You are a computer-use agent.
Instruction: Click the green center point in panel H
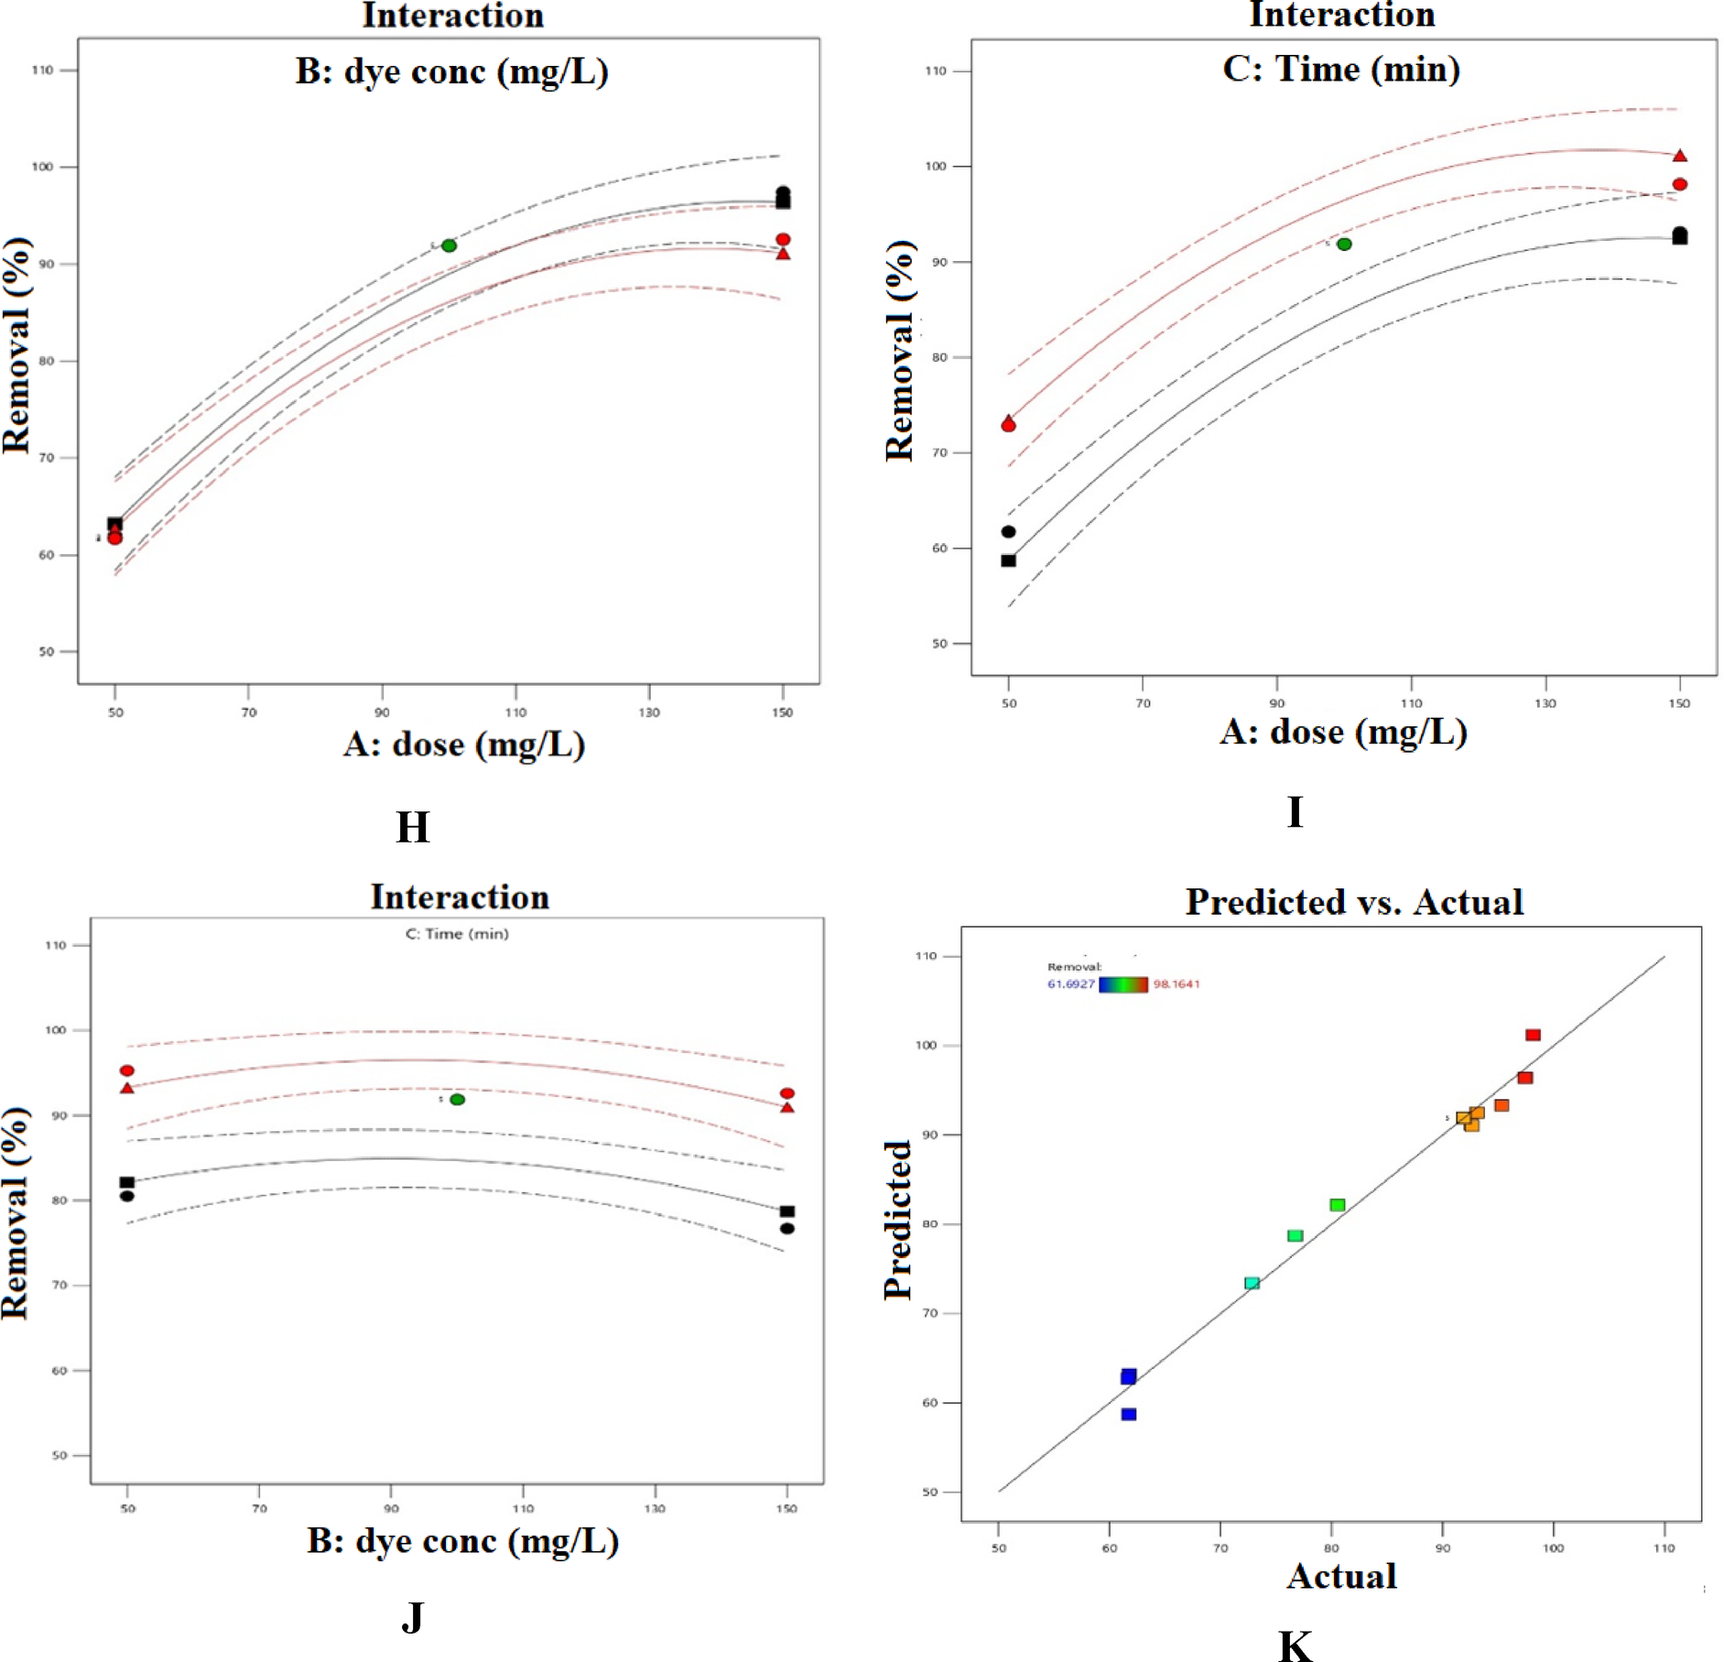[x=449, y=245]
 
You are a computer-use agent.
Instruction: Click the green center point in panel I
[x=1344, y=244]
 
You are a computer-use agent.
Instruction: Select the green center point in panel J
[x=457, y=1099]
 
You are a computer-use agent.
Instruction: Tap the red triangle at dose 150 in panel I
[x=1679, y=156]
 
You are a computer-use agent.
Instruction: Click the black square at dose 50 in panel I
[x=1008, y=560]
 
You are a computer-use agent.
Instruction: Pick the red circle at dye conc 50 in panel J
[x=127, y=1070]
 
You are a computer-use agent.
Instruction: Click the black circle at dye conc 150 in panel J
[x=786, y=1228]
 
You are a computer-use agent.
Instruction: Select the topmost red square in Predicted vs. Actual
[x=1533, y=1035]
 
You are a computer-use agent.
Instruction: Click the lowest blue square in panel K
[x=1129, y=1414]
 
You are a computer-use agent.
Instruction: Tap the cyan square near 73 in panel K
[x=1252, y=1283]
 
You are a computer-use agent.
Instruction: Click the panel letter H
[x=412, y=827]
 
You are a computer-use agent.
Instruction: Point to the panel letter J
[x=412, y=1617]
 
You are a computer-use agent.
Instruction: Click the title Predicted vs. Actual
[x=1353, y=902]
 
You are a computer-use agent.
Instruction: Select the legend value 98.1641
[x=1176, y=984]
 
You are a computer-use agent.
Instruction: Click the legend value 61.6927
[x=1070, y=984]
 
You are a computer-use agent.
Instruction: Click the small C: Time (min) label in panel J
[x=457, y=934]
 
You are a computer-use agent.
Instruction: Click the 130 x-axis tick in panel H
[x=648, y=712]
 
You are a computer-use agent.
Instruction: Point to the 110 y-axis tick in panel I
[x=935, y=71]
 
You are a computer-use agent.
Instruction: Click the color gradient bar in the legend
[x=1122, y=984]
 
